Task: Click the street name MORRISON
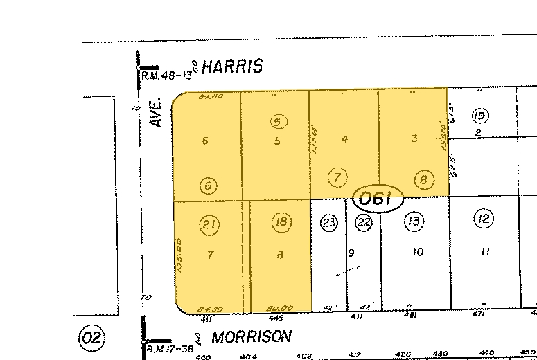(x=251, y=337)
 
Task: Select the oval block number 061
(x=378, y=199)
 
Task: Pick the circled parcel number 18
(x=280, y=223)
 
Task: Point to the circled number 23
(x=328, y=223)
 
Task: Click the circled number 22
(x=364, y=222)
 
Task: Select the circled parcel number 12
(x=483, y=220)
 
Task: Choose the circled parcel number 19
(x=479, y=115)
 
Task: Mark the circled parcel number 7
(x=337, y=177)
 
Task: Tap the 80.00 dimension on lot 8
(x=279, y=309)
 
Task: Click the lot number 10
(x=416, y=253)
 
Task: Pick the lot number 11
(x=485, y=252)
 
